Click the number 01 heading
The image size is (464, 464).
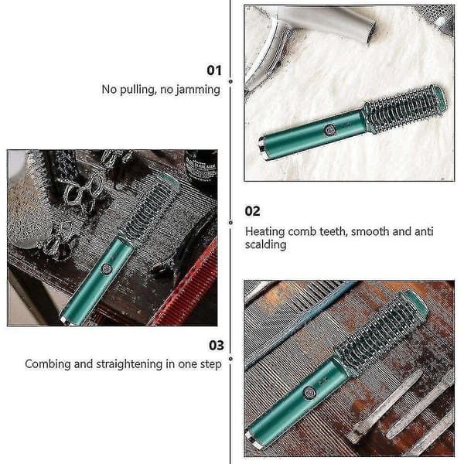[x=214, y=70]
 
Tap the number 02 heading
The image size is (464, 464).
[x=252, y=211]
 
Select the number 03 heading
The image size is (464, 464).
[x=217, y=346]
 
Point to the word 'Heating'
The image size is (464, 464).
[x=264, y=232]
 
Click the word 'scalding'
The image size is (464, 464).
[x=265, y=245]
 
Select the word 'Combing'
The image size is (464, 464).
[x=48, y=364]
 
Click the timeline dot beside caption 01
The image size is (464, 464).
[x=230, y=81]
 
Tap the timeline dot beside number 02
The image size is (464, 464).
[x=230, y=223]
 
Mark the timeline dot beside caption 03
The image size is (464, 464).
[x=230, y=359]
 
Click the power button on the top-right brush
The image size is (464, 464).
[x=330, y=129]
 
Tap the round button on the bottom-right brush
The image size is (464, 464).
[x=309, y=393]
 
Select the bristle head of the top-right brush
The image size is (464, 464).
[x=404, y=109]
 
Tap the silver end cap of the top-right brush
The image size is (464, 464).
[x=263, y=148]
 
